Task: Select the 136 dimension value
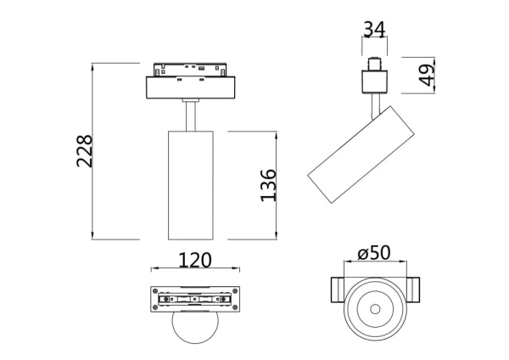point(268,186)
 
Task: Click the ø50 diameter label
point(373,253)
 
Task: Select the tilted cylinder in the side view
point(361,156)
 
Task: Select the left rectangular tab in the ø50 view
point(336,289)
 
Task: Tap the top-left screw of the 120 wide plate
point(156,291)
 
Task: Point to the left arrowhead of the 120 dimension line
point(154,271)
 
